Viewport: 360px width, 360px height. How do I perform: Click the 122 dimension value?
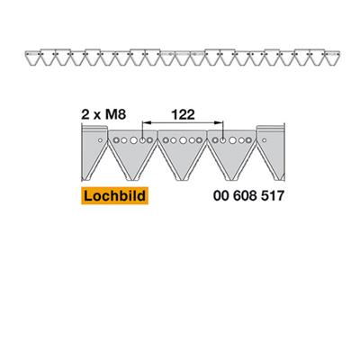click(x=183, y=114)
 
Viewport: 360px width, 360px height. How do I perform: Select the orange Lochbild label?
click(x=114, y=196)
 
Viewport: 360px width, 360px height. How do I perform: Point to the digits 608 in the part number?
click(x=244, y=196)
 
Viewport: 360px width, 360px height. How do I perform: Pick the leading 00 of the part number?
click(x=221, y=196)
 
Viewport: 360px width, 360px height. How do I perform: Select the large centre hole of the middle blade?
click(x=183, y=140)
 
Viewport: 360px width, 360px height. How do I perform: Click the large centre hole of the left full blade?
click(x=133, y=140)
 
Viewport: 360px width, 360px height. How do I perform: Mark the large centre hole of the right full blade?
click(x=232, y=140)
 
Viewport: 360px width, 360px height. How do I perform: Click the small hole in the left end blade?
click(x=101, y=140)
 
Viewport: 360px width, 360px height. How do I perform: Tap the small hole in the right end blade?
click(x=265, y=140)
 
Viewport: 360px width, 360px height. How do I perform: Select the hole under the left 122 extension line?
click(x=142, y=140)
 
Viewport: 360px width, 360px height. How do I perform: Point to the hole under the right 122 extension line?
click(x=222, y=140)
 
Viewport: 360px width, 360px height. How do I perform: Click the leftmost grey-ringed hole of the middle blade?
click(x=166, y=140)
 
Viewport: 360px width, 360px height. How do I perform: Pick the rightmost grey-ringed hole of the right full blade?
click(x=248, y=140)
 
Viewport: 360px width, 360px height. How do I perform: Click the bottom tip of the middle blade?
click(x=183, y=180)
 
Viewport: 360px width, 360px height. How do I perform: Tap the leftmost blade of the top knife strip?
click(x=32, y=58)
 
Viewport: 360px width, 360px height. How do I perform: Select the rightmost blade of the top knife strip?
click(x=332, y=58)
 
